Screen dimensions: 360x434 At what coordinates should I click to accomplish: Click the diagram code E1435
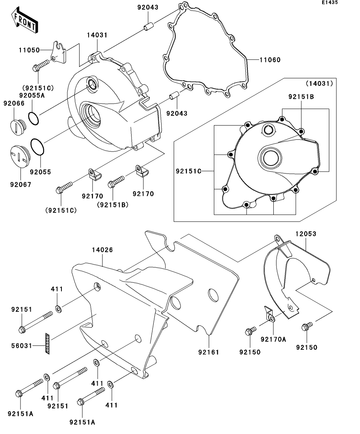(330, 2)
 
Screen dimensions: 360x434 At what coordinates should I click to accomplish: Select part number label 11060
(270, 60)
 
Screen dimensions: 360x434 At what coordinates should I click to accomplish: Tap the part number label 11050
(29, 50)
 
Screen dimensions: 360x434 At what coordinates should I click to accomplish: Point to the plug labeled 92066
(18, 128)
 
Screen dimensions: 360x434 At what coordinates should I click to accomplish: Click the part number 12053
(306, 234)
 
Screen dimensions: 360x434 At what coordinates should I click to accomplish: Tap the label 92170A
(273, 339)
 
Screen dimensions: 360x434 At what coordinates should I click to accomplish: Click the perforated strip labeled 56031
(48, 344)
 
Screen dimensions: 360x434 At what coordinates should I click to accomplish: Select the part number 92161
(208, 352)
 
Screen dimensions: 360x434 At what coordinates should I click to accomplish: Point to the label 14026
(102, 250)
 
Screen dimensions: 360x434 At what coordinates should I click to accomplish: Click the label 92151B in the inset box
(301, 97)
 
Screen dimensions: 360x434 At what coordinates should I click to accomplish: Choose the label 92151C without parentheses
(188, 171)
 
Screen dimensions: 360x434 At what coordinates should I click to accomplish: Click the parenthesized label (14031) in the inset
(319, 83)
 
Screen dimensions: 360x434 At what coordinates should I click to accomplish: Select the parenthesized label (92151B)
(113, 205)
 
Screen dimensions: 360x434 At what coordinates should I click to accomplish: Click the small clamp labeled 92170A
(269, 314)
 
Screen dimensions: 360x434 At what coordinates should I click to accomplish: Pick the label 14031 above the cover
(97, 35)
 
